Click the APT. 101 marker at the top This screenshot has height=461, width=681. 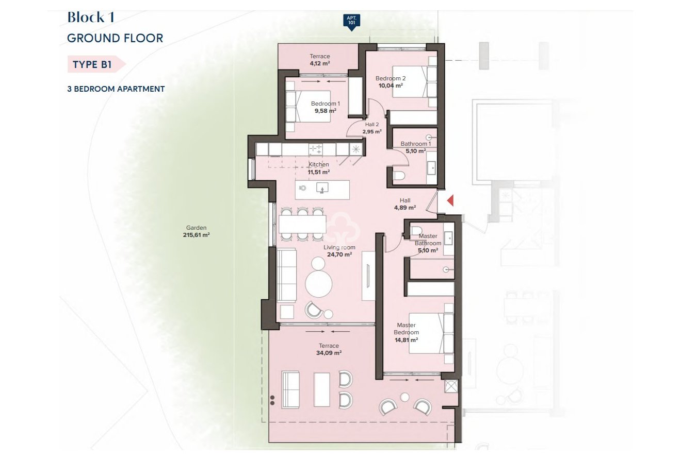[351, 21]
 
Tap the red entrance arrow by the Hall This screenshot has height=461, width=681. [449, 200]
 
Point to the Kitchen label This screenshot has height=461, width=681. [318, 165]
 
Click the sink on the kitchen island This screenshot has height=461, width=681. [322, 189]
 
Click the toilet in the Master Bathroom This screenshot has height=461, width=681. [417, 230]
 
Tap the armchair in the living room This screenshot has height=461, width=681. [314, 310]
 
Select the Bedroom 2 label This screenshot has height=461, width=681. [391, 79]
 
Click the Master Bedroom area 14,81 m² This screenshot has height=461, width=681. [407, 340]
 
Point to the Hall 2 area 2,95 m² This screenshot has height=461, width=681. [371, 132]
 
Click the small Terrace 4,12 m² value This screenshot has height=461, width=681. [319, 63]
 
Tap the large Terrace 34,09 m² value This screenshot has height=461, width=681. [329, 353]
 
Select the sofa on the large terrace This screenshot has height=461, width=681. [290, 388]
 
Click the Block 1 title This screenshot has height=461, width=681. [91, 18]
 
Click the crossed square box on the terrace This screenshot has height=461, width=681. [451, 386]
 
